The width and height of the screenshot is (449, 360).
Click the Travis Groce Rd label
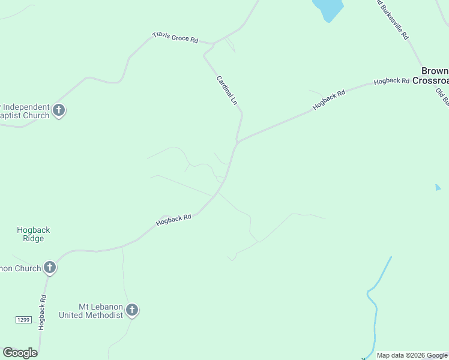[x=175, y=37]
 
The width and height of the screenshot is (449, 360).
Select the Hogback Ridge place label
[x=34, y=234]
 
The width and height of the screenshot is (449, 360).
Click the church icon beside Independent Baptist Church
[x=59, y=110]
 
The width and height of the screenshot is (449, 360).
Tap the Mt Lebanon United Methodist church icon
[x=132, y=310]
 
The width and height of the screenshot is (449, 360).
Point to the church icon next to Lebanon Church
[x=50, y=268]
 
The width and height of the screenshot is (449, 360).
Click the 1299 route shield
[x=23, y=320]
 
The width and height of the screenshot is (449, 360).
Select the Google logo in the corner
[x=20, y=353]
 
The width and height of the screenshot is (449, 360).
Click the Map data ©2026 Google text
[x=412, y=355]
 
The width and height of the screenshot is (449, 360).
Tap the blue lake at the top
[x=327, y=8]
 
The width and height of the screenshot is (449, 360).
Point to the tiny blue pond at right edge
[x=438, y=188]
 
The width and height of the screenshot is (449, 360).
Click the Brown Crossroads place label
[x=433, y=76]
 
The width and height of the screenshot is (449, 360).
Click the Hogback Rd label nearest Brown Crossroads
[x=391, y=81]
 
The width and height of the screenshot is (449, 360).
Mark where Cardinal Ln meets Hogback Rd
[x=238, y=142]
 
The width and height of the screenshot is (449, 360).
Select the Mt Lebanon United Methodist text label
[x=91, y=310]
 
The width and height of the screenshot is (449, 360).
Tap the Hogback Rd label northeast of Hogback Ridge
[x=173, y=220]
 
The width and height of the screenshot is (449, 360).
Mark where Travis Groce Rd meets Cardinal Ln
[x=213, y=44]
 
